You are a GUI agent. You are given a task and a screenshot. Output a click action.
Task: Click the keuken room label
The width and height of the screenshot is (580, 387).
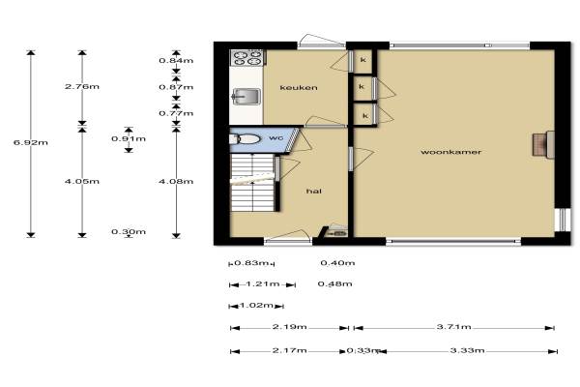(299, 88)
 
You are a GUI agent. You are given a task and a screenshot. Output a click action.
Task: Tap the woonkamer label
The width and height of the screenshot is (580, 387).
(450, 152)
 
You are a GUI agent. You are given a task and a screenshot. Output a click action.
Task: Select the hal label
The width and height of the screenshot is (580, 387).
(313, 192)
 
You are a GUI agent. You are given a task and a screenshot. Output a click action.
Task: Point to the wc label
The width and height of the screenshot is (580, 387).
(275, 137)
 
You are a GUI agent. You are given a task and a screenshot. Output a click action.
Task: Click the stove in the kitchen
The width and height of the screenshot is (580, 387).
(246, 58)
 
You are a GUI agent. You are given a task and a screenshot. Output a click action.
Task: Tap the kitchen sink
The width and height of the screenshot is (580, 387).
(246, 97)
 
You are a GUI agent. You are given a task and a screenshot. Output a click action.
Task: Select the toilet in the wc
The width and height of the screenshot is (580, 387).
(245, 139)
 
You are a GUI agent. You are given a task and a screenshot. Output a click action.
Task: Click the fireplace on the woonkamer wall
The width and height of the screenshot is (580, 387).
(543, 144)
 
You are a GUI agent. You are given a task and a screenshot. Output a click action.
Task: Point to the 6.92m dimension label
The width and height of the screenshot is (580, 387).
(31, 142)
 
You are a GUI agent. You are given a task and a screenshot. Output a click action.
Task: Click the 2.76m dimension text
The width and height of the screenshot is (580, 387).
(82, 87)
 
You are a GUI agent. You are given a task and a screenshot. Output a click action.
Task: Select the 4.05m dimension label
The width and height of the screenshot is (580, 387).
(82, 182)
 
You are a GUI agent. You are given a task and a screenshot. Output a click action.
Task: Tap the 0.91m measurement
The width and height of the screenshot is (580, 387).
(129, 139)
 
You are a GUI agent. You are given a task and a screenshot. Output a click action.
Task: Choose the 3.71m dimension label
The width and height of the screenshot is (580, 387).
(454, 327)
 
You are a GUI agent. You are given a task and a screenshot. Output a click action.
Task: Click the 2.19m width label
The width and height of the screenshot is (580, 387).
(290, 327)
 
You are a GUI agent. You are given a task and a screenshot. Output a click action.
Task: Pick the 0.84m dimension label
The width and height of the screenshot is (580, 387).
(176, 60)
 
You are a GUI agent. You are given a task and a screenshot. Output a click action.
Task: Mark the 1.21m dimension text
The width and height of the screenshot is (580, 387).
(263, 284)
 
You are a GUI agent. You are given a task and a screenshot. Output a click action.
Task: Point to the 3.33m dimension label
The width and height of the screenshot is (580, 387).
(467, 350)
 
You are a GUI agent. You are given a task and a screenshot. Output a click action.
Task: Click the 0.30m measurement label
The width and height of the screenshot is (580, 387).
(129, 232)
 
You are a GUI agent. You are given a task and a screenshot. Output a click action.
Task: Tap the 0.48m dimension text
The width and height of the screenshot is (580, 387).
(334, 284)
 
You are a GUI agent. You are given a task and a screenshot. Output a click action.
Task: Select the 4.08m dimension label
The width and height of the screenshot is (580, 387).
(176, 182)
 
